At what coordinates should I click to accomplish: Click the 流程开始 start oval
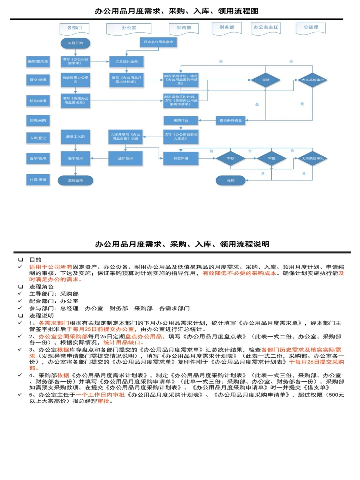tap(75, 43)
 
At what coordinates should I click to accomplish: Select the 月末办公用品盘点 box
tap(158, 42)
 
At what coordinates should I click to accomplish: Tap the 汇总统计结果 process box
tap(126, 62)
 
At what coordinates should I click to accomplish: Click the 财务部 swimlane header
tap(227, 28)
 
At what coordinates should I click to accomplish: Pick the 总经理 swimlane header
tap(311, 28)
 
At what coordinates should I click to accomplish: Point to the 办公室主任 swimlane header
tap(266, 28)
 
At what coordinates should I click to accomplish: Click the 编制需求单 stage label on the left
tap(38, 62)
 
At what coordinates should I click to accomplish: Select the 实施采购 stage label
tap(38, 120)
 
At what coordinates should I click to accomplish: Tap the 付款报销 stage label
tap(38, 180)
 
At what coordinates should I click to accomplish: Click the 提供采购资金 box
tap(231, 120)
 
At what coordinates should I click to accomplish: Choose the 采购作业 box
tap(181, 120)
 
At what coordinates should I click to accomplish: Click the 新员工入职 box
tap(75, 137)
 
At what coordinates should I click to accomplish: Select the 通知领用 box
tap(125, 158)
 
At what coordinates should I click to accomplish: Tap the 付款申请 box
tap(181, 158)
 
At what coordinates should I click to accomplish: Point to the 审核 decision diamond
tap(231, 158)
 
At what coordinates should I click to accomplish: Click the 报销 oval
tap(231, 180)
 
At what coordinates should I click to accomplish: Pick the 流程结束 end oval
tap(75, 180)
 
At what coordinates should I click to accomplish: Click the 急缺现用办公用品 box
tap(75, 80)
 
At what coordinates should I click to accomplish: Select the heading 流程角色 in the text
tap(41, 287)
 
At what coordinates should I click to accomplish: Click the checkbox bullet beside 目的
tap(21, 259)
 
